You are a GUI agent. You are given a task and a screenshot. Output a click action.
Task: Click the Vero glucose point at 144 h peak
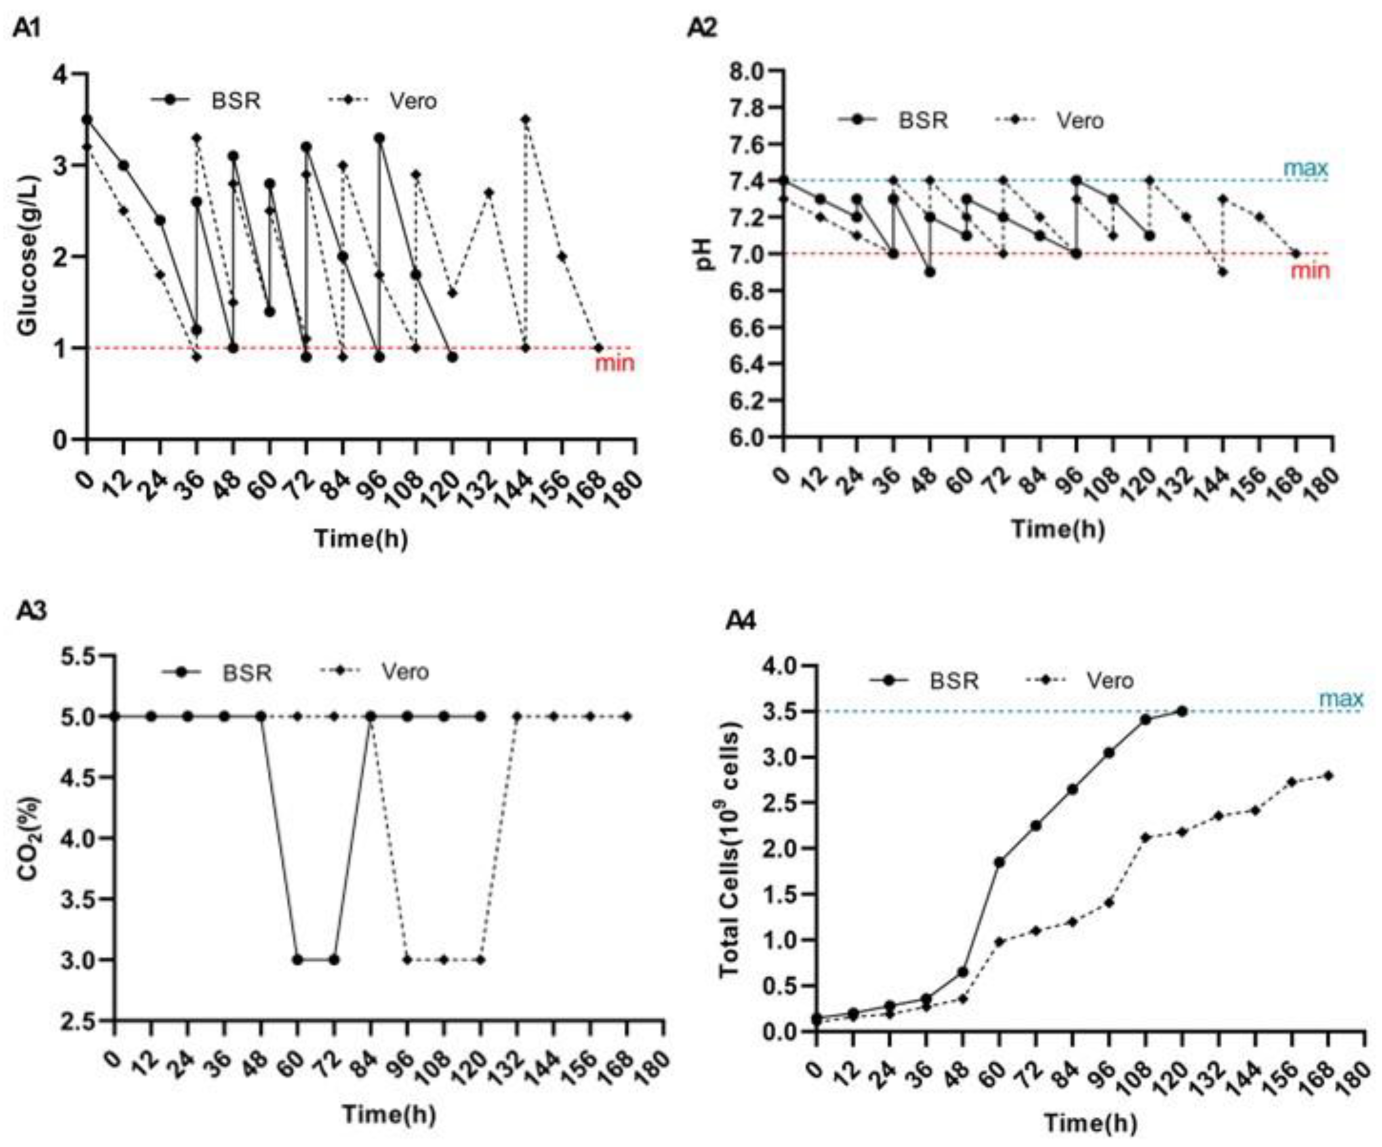point(525,119)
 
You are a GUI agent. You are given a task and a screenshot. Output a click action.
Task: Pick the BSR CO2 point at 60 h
point(298,960)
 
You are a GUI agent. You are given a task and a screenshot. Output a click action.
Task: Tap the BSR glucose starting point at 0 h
point(87,119)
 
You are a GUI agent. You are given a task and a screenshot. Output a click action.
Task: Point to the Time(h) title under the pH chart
point(1057,529)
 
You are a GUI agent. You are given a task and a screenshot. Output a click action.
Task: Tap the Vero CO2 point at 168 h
point(627,716)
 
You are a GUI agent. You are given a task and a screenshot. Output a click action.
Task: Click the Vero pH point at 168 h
point(1296,253)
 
